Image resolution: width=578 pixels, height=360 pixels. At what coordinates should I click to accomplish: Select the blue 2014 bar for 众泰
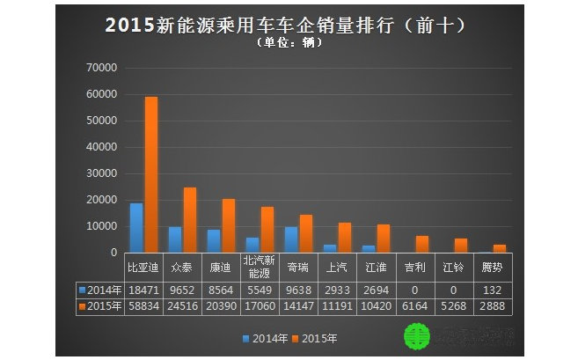coord(175,239)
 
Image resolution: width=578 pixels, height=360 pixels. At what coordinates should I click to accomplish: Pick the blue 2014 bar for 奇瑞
coord(291,239)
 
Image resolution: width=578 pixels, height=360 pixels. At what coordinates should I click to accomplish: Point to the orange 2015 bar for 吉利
coord(422,245)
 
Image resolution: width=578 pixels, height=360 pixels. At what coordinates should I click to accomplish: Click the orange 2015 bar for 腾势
coord(499,249)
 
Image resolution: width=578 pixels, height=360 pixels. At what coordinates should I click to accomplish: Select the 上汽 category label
coord(337,265)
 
